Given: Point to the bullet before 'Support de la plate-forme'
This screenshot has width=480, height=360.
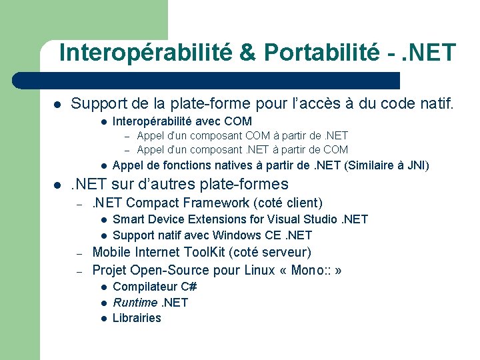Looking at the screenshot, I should (x=58, y=105).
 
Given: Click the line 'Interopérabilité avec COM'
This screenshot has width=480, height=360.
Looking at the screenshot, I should (x=182, y=121).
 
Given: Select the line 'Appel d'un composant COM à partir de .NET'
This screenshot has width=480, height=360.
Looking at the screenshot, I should (x=242, y=136).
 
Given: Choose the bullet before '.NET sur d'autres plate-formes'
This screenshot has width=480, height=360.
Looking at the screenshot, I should (x=58, y=185).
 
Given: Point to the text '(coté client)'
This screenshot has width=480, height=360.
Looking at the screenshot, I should (x=290, y=203).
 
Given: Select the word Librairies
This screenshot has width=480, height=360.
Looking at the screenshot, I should (x=137, y=318).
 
